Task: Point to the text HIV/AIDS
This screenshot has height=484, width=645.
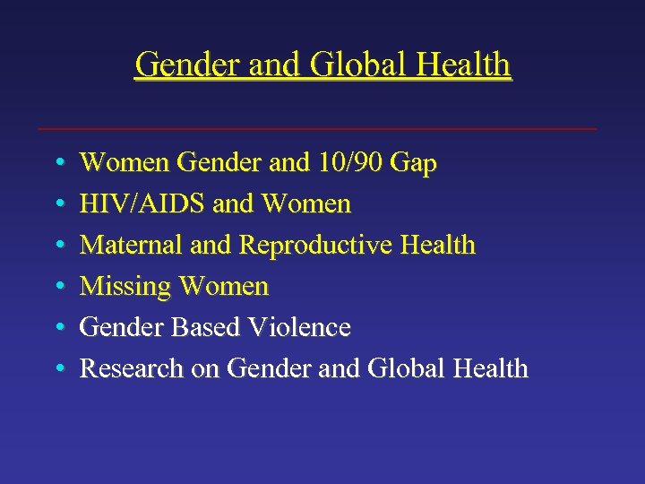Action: (143, 204)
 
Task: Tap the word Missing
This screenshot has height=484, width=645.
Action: (125, 287)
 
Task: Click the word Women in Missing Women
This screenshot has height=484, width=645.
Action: (224, 287)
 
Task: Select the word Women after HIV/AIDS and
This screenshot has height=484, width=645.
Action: (306, 204)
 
